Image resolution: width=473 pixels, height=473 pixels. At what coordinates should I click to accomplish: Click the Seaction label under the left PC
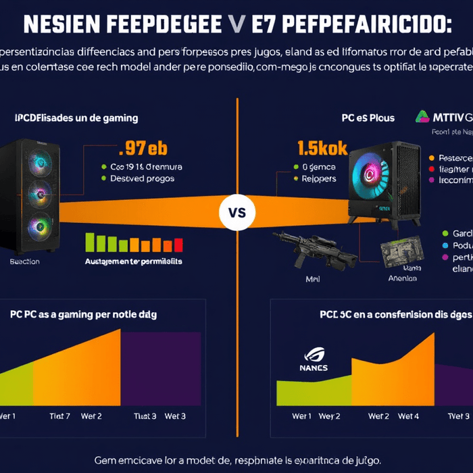pyautogui.click(x=24, y=262)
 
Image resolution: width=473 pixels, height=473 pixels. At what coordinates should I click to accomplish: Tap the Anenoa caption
pyautogui.click(x=403, y=277)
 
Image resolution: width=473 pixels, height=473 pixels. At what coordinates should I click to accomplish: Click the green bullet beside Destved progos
pyautogui.click(x=104, y=179)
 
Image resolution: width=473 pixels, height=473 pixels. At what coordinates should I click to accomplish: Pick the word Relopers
pyautogui.click(x=318, y=179)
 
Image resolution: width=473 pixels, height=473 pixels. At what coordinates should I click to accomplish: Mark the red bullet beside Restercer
pyautogui.click(x=431, y=157)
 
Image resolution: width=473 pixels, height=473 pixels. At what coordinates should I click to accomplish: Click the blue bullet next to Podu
pyautogui.click(x=445, y=245)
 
